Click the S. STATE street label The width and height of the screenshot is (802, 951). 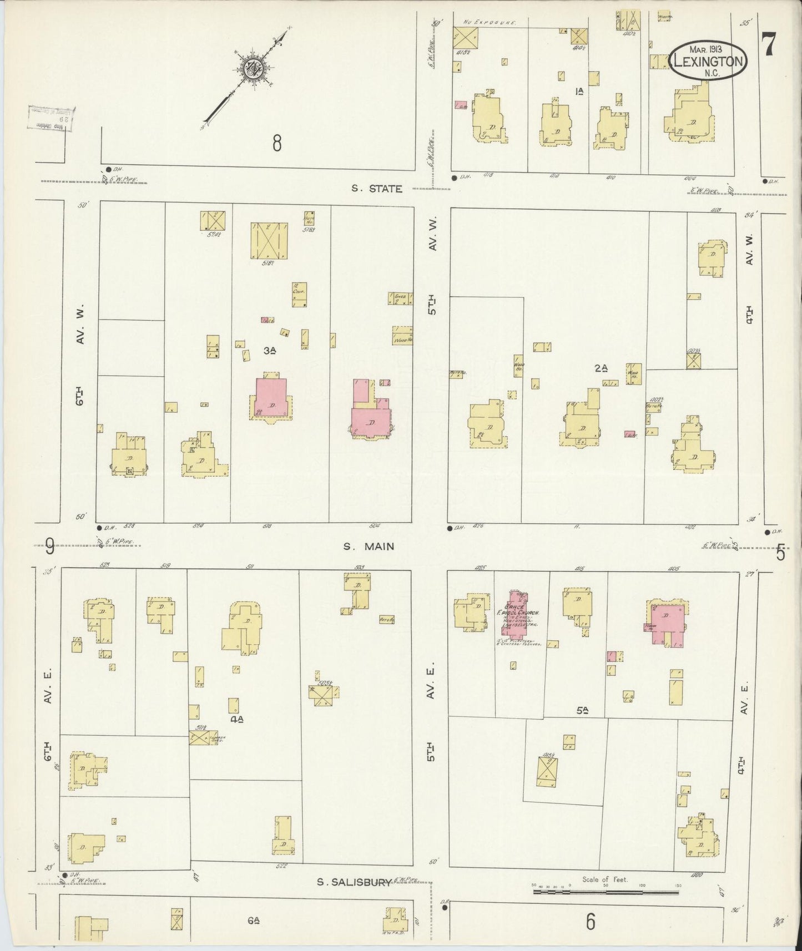point(377,189)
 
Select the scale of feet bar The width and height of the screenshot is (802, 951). point(607,892)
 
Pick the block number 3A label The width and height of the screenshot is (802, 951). point(270,350)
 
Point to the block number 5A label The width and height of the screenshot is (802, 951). point(582,710)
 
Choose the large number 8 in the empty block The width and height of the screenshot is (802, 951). point(276,143)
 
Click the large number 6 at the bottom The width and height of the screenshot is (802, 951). point(590,921)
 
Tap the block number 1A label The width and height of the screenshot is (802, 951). point(580,92)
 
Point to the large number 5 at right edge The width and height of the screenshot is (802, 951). point(780,553)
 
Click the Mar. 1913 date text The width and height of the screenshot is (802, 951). point(707,49)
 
